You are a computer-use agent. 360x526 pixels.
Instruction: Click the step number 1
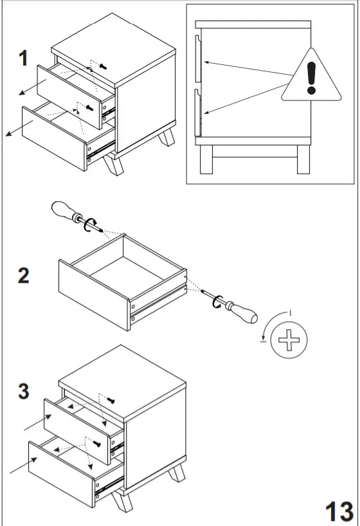tap(23, 58)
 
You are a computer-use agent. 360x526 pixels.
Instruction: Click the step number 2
tap(24, 276)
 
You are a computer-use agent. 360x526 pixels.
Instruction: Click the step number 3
tap(24, 391)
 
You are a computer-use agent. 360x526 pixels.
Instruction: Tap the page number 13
tap(339, 512)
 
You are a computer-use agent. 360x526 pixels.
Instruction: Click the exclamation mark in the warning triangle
tap(311, 78)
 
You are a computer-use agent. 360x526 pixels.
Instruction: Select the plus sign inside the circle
tap(289, 340)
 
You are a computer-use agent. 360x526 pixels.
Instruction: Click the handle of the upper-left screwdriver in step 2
tap(64, 210)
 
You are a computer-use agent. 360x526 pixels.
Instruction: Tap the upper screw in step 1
tap(104, 67)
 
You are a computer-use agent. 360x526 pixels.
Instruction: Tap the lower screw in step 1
tap(89, 108)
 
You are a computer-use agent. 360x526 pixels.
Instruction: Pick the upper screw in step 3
tap(111, 400)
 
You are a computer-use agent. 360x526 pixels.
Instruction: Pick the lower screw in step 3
tap(97, 444)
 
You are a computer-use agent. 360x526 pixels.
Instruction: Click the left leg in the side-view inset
tap(206, 159)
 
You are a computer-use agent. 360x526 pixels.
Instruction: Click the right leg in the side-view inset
tap(303, 159)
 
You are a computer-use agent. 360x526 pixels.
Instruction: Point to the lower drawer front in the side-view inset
tap(198, 113)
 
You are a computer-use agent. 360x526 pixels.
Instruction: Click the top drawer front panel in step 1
tap(69, 96)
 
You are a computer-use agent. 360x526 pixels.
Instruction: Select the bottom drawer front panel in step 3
tap(60, 474)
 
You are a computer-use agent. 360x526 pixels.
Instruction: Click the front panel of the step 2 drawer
tap(94, 295)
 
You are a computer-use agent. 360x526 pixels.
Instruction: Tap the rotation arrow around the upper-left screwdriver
tap(90, 224)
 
